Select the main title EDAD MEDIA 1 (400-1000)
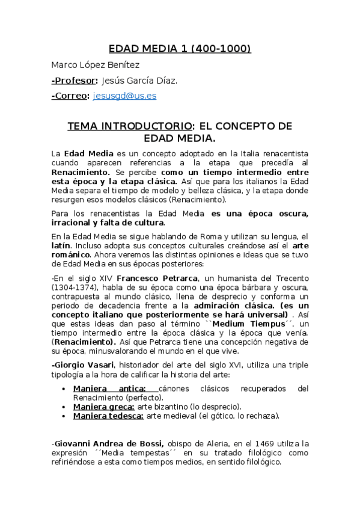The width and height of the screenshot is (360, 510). point(180,49)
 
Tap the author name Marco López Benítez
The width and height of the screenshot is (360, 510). point(95,65)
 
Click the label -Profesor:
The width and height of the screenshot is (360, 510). point(75,81)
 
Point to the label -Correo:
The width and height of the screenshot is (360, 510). point(71,96)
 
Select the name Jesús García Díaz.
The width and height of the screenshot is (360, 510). point(139,81)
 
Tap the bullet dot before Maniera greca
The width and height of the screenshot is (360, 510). point(64,407)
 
